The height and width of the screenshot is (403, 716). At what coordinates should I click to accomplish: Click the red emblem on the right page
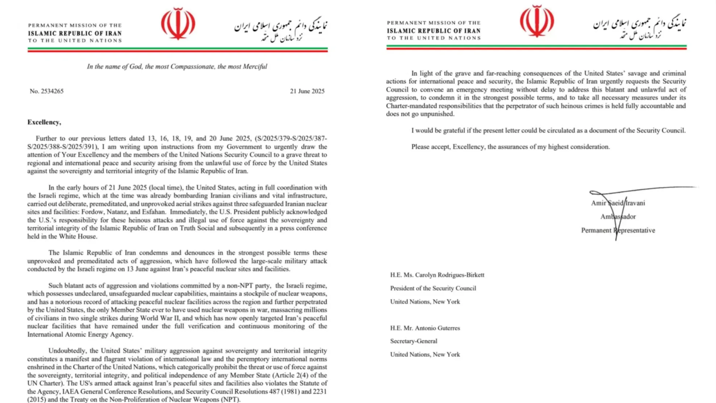point(537,21)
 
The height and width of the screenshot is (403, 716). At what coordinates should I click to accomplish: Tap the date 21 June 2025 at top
point(307,91)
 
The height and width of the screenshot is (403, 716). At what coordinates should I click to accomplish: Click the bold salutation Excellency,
point(44,122)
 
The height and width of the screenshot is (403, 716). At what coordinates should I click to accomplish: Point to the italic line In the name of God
point(177,66)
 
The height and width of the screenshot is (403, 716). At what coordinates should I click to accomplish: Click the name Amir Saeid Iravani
point(618,203)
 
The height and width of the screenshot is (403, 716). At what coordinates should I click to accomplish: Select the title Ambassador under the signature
point(618,217)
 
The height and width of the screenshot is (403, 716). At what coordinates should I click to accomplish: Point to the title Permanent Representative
point(618,230)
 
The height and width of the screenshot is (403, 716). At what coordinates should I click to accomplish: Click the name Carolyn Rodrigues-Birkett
point(450,275)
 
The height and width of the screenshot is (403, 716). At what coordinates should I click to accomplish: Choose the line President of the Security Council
point(433,288)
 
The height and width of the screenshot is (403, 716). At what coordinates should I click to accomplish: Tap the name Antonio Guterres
point(437,328)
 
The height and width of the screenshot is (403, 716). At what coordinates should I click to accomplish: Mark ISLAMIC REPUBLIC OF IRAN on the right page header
point(434,31)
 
